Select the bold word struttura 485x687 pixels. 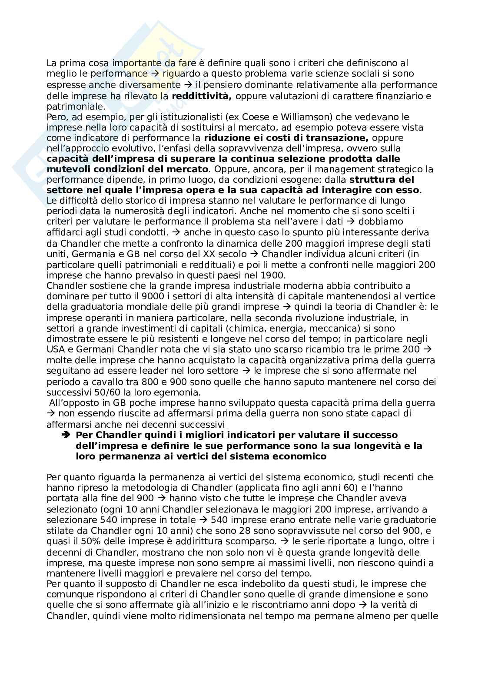(374, 179)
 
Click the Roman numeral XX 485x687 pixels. (220, 254)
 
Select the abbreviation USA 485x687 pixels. (56, 349)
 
